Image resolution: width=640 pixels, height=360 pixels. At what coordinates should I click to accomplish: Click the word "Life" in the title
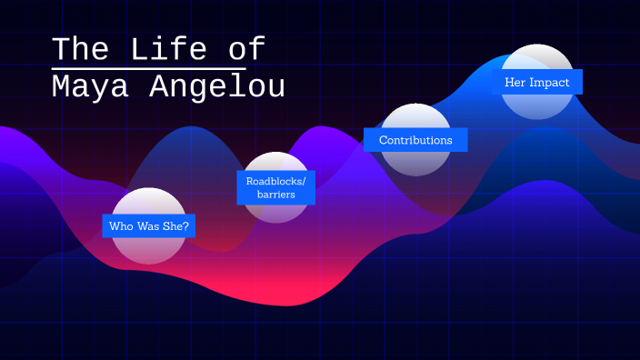tap(166, 48)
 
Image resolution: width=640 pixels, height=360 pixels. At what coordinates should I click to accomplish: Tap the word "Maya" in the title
tap(80, 86)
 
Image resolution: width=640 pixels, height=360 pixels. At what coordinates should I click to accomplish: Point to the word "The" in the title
tap(80, 48)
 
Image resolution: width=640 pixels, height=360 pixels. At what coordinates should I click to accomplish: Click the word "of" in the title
tap(246, 48)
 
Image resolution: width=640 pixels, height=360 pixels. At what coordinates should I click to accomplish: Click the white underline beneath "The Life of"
tap(149, 68)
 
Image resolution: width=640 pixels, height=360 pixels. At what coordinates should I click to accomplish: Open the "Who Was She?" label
tap(149, 225)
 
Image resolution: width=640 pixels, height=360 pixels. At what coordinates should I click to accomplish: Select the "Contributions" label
tap(415, 140)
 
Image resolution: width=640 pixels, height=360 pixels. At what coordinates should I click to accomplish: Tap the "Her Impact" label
tap(536, 82)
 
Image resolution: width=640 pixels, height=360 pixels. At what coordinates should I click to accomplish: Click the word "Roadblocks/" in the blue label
tap(275, 181)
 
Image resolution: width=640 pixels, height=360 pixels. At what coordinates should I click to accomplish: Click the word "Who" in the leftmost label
tap(121, 225)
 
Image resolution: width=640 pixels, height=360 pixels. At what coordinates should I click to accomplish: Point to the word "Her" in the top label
tap(515, 82)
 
